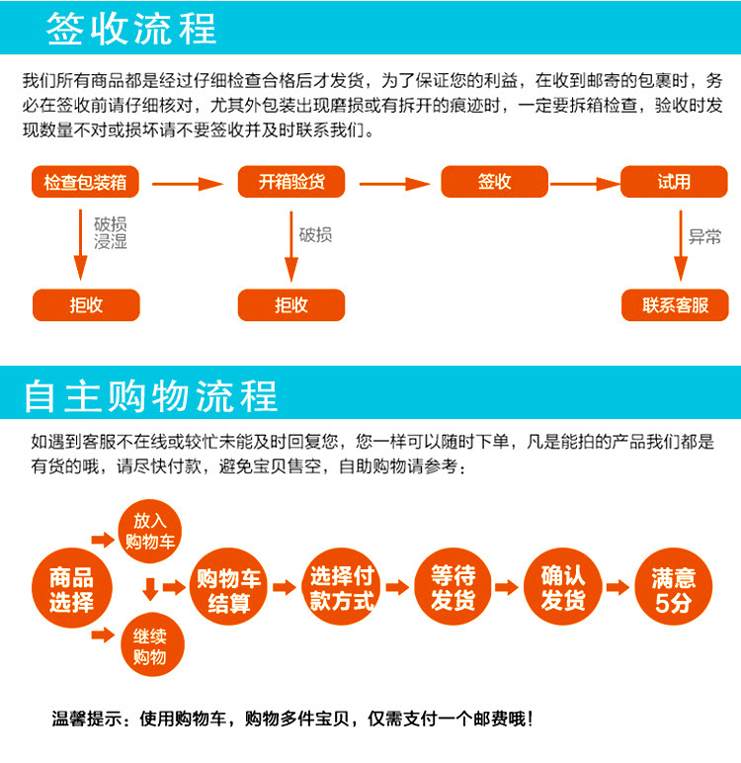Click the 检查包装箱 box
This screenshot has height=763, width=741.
[x=86, y=182]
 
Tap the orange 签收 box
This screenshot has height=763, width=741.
[x=494, y=182]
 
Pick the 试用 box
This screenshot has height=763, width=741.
[x=674, y=182]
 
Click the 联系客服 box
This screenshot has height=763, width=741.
[x=675, y=305]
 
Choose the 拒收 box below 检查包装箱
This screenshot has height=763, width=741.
[x=86, y=305]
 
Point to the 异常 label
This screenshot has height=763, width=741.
[x=704, y=236]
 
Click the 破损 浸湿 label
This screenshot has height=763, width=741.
[x=111, y=233]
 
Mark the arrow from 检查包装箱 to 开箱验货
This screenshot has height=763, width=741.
[x=188, y=183]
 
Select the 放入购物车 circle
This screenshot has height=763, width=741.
[x=149, y=531]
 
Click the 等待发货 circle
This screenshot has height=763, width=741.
[x=453, y=588]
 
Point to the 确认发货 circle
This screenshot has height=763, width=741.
[x=563, y=588]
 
